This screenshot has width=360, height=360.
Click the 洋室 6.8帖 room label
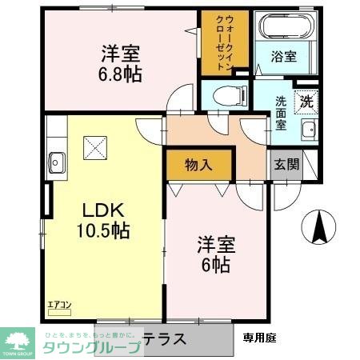121,63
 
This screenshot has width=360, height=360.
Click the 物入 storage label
199,166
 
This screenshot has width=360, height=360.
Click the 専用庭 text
259,338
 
